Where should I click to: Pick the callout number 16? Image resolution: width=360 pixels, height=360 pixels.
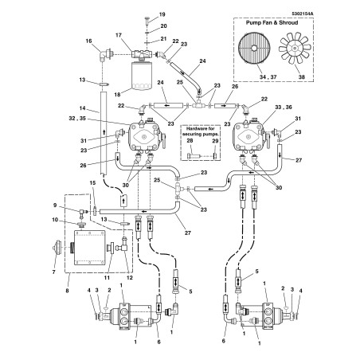88,41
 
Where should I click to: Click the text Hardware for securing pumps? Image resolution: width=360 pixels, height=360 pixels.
202,130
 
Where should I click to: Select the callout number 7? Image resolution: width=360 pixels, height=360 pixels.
54,271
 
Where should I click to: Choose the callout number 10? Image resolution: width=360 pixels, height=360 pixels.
55,221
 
